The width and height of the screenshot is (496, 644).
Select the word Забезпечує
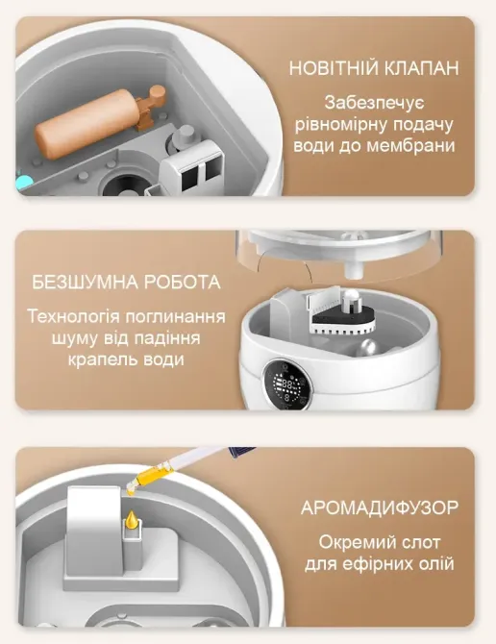[374, 103]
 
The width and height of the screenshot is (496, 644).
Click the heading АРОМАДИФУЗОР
[379, 508]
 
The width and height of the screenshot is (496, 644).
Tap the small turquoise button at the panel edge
[23, 181]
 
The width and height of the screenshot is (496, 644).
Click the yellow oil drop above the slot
[132, 519]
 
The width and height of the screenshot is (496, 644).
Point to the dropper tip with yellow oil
[131, 488]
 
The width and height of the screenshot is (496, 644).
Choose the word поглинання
[176, 317]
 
